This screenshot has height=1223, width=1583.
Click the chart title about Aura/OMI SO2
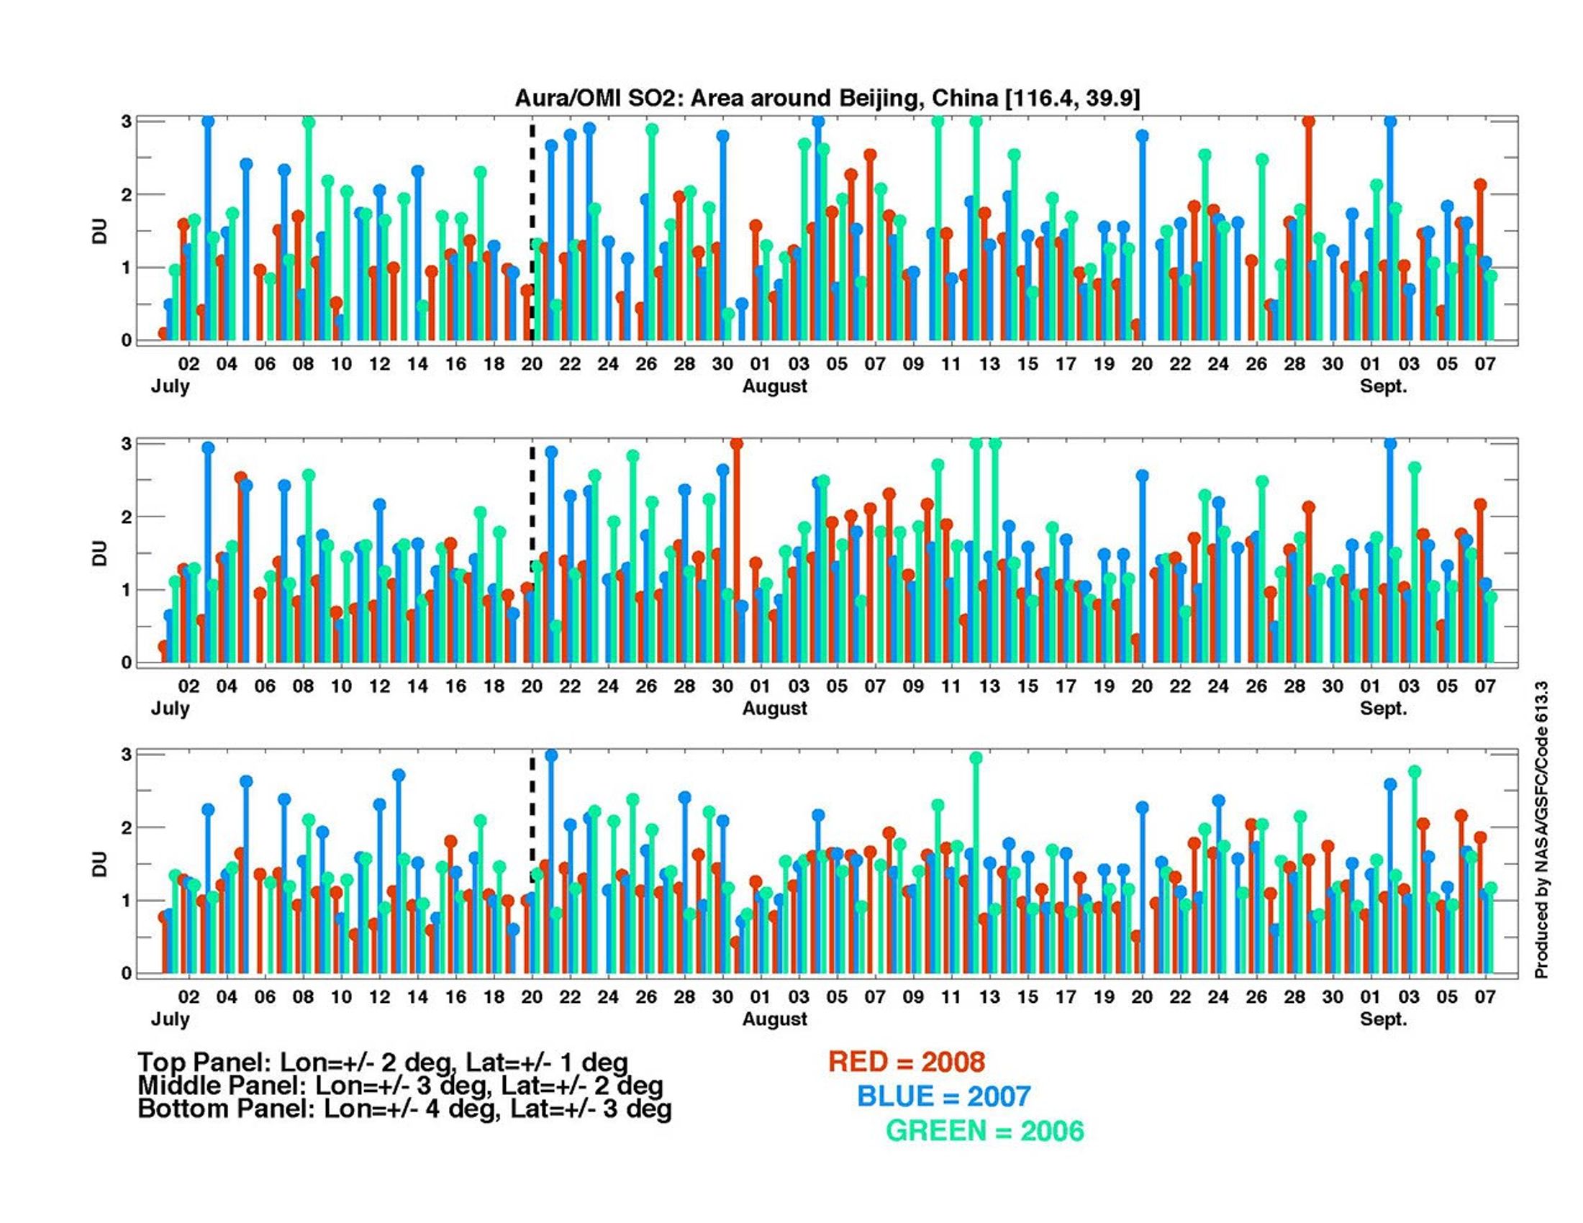point(827,98)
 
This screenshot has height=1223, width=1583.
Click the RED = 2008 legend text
point(906,1062)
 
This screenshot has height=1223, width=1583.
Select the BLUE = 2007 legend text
point(944,1096)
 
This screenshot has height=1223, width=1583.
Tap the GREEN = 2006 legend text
point(985,1131)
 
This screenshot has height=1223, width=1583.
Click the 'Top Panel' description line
point(383,1062)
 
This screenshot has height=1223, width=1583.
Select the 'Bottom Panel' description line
point(404,1109)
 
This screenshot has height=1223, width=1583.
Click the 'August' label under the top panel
point(774,386)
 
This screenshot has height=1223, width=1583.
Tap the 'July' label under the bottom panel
point(171,1019)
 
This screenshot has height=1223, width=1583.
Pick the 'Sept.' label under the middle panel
point(1383,708)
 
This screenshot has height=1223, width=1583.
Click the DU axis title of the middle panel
point(99,553)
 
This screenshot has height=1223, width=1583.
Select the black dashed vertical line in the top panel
point(532,217)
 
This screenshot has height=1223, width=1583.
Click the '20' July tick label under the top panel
point(532,365)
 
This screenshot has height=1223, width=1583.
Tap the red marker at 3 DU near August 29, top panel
point(1308,122)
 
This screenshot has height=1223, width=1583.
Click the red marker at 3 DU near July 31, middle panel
point(736,444)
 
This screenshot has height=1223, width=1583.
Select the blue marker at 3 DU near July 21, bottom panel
point(551,755)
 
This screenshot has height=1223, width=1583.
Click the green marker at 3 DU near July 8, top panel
point(308,122)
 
